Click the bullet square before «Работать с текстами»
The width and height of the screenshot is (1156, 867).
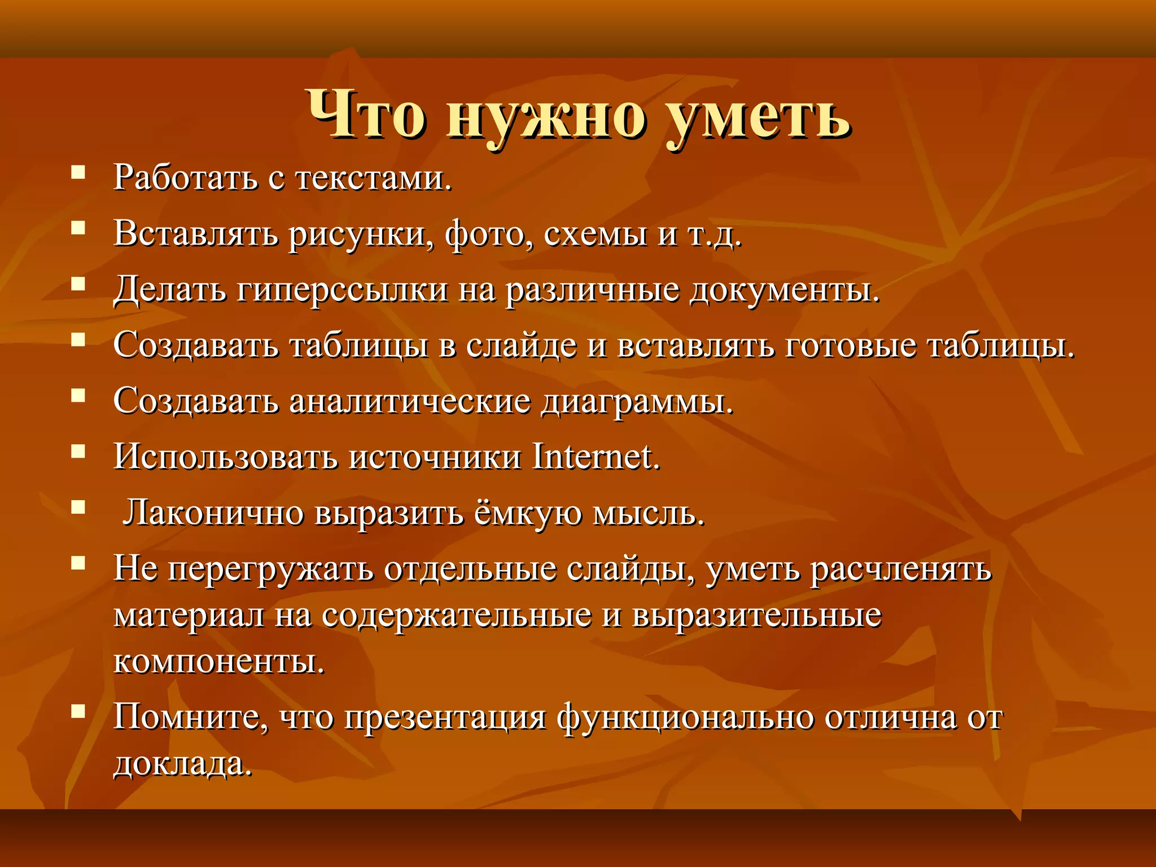pos(78,172)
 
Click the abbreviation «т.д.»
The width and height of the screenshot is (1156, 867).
pos(715,234)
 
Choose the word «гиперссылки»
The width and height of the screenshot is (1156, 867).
pos(342,290)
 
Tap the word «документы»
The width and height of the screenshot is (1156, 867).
pos(785,290)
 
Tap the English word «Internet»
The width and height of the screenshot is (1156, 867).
pos(596,457)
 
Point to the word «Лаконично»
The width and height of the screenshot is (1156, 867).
pos(214,513)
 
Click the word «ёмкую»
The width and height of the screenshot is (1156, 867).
pos(528,513)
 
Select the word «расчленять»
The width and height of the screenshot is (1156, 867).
pos(901,569)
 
